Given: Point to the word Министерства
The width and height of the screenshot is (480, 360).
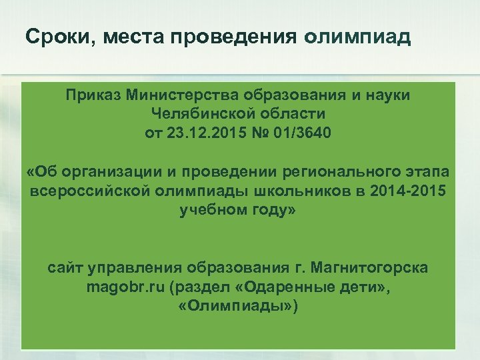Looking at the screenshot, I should (x=177, y=95).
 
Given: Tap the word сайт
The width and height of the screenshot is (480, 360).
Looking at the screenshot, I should (x=66, y=269).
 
